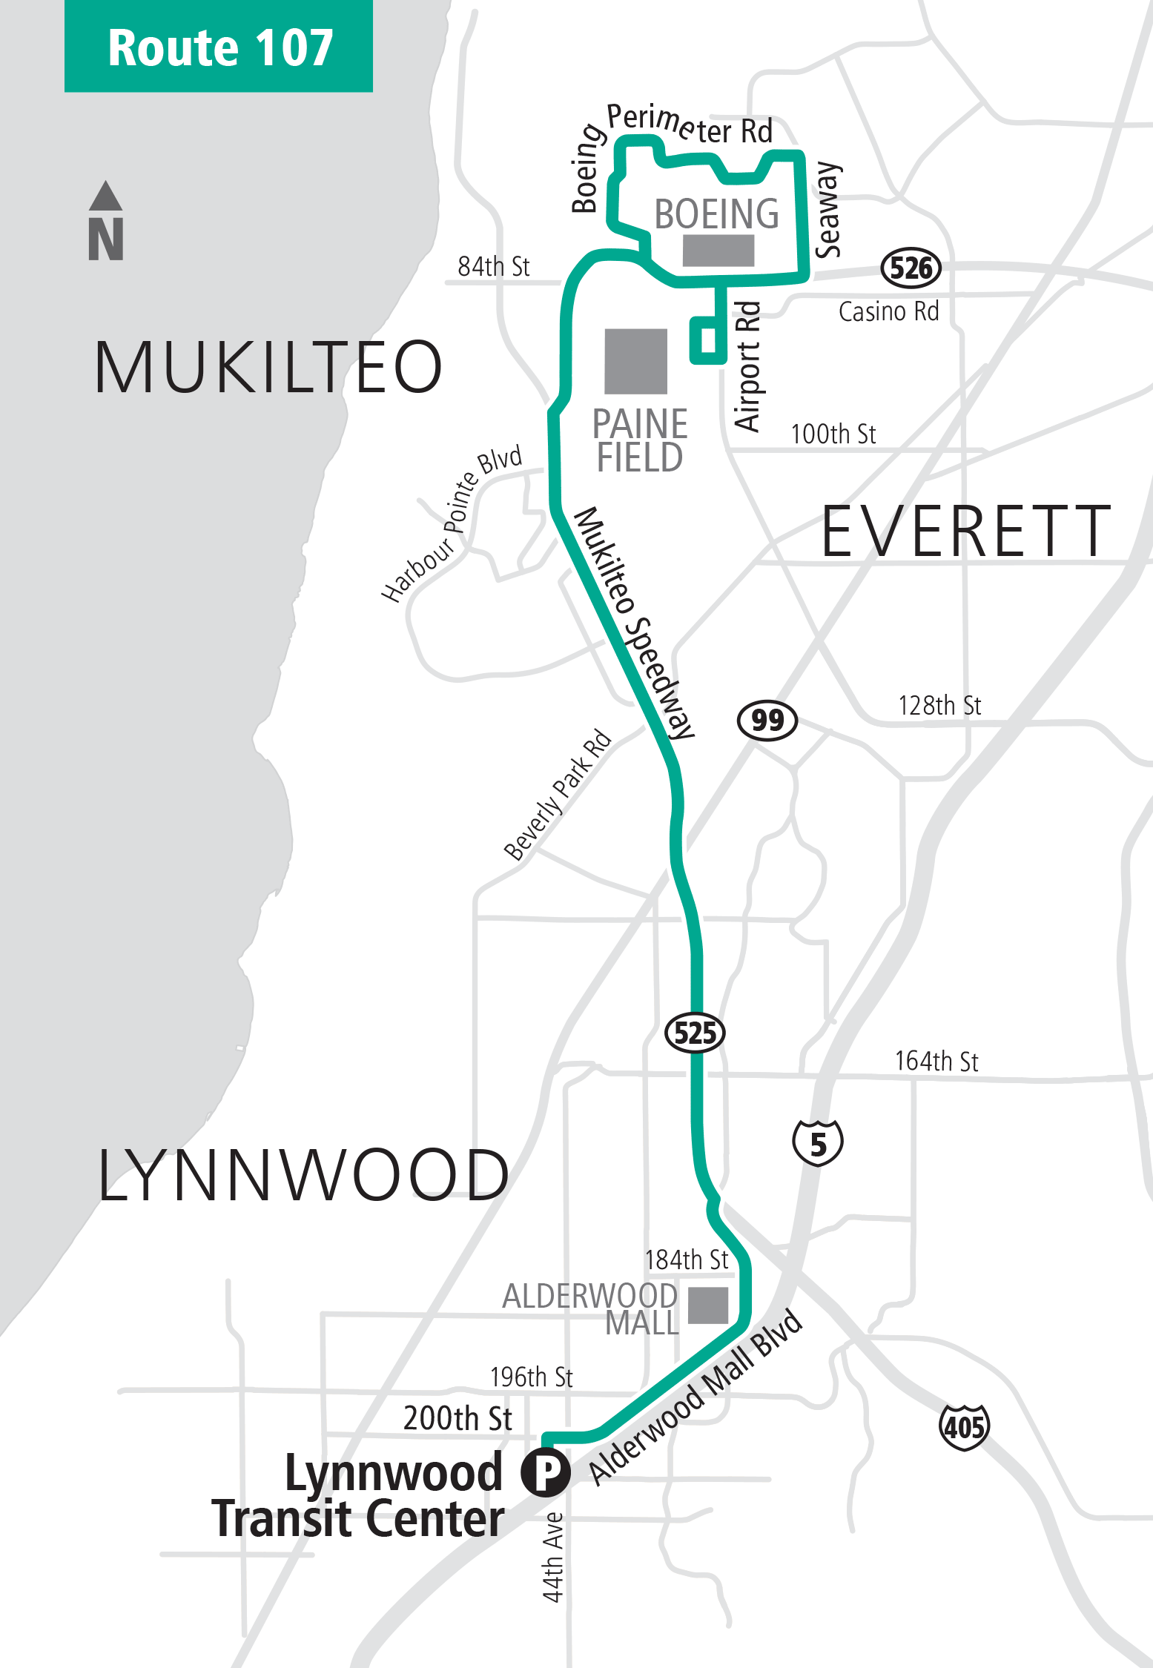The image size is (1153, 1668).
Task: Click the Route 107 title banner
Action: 219,47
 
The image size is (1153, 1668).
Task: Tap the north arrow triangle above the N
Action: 105,196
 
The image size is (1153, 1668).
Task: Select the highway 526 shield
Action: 911,268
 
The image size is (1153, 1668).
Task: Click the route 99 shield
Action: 767,719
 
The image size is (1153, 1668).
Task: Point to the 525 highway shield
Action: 695,1032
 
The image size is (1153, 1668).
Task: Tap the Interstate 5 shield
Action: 818,1142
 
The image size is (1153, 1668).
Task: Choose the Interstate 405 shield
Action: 964,1426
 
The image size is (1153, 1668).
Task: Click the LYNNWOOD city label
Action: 303,1175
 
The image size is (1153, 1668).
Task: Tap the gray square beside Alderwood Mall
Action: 708,1305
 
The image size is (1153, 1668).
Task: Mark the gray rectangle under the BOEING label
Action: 718,251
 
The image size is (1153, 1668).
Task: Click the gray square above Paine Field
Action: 635,361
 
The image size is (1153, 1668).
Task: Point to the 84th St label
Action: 493,266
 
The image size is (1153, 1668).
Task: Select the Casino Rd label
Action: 888,311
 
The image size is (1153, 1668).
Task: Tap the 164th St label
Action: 936,1061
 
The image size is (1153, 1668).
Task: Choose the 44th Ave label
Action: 553,1557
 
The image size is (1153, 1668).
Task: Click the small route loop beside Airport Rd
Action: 708,340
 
